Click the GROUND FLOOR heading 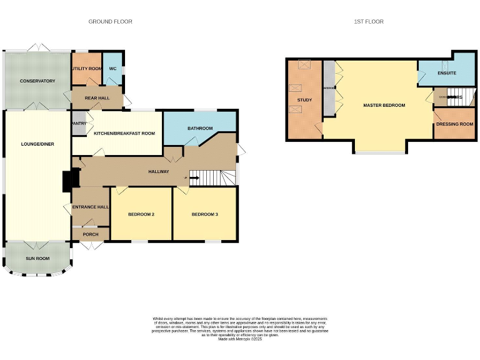110,22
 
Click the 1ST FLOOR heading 369,22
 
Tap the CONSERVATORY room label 37,81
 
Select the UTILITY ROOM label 87,69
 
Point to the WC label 113,69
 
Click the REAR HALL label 97,98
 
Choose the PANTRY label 79,124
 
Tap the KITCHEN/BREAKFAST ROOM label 124,134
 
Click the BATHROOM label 200,129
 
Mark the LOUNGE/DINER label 37,144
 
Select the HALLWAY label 158,172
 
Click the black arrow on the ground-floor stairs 194,178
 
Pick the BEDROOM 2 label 141,214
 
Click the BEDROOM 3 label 205,214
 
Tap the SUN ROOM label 37,258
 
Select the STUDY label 304,100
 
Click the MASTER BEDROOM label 384,106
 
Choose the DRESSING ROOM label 455,124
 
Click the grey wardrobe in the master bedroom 329,87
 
